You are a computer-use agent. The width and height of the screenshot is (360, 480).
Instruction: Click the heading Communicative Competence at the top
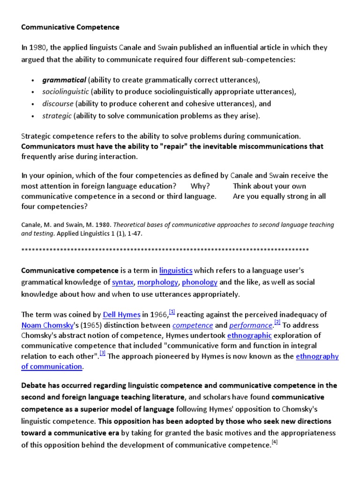click(70, 27)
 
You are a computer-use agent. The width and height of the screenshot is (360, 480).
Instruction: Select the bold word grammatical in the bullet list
click(64, 80)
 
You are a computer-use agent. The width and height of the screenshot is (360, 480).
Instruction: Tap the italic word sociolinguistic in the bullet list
click(66, 91)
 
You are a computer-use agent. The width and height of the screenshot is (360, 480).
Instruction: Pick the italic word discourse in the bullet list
click(58, 104)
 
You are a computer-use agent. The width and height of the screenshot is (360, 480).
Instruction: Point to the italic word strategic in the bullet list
click(57, 116)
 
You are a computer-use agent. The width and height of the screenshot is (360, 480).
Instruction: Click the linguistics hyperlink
click(176, 270)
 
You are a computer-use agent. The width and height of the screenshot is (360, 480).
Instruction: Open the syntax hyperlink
click(123, 282)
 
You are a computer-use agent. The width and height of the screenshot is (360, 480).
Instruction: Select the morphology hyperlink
click(158, 282)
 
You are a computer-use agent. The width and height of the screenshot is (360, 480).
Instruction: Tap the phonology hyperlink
click(200, 282)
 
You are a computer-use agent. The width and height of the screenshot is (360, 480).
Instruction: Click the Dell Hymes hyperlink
click(121, 315)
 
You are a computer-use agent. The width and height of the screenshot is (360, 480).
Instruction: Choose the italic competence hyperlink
click(193, 325)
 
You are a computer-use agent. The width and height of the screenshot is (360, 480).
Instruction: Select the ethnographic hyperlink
click(249, 336)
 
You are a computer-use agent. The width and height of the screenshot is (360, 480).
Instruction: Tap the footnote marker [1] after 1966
click(172, 312)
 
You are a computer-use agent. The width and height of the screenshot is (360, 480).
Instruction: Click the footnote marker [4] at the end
click(275, 442)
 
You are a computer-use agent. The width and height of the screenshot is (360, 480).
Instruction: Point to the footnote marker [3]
click(103, 353)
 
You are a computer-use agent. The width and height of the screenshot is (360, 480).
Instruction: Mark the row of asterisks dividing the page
click(165, 249)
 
